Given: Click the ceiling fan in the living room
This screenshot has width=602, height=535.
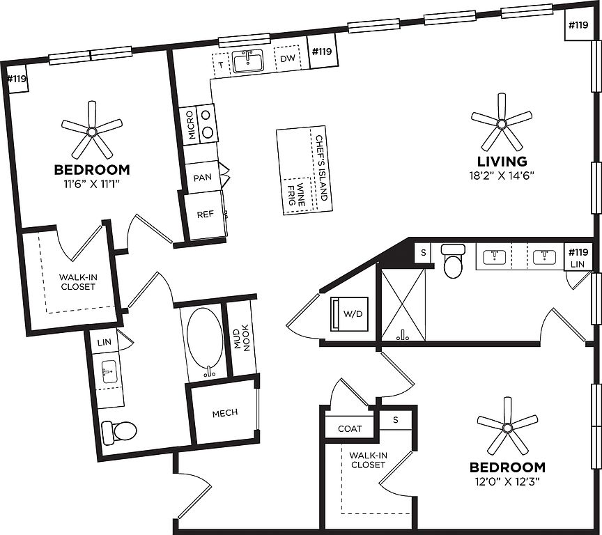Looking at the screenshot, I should [x=501, y=123].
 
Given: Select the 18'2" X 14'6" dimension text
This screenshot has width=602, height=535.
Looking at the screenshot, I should [x=501, y=176].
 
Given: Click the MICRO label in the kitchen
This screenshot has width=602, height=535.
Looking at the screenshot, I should [x=189, y=125].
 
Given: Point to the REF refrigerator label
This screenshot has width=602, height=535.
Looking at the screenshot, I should [x=205, y=215].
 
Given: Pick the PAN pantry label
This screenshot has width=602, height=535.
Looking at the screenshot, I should [x=203, y=178].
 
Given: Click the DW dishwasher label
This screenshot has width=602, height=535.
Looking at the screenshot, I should [x=288, y=59].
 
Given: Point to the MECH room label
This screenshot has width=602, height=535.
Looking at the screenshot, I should [x=224, y=412].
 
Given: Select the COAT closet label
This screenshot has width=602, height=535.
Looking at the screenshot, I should [x=349, y=428].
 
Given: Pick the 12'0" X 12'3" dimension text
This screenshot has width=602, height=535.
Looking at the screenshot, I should [x=507, y=481].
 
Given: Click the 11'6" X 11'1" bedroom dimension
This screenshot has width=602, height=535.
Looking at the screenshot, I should [x=92, y=184].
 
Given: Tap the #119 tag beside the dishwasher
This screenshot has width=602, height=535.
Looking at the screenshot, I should [x=322, y=52].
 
